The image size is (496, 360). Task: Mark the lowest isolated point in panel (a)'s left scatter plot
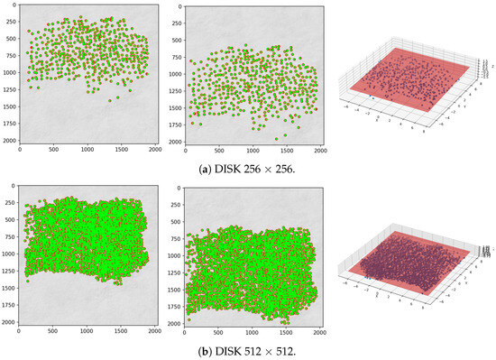click(x=110, y=101)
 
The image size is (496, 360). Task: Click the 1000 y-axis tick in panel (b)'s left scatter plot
click(x=8, y=254)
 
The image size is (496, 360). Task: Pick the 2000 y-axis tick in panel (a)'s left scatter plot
click(x=8, y=143)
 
